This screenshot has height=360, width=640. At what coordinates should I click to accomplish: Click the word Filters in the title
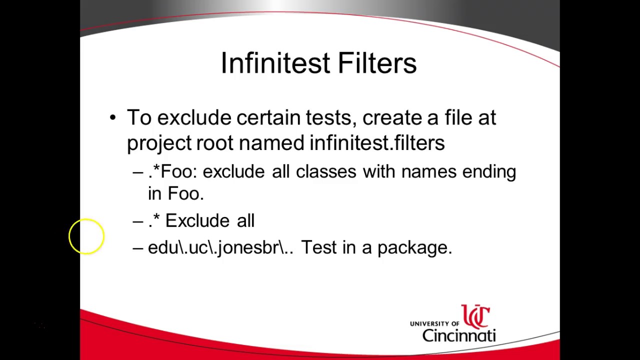[x=377, y=63]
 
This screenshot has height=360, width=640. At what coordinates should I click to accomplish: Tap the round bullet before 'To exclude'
[x=112, y=118]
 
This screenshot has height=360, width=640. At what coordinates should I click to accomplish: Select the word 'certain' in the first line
[x=268, y=118]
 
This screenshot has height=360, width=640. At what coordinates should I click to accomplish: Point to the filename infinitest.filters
[x=377, y=143]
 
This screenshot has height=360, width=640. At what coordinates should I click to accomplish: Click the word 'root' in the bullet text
[x=214, y=143]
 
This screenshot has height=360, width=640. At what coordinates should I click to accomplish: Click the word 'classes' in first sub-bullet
[x=325, y=171]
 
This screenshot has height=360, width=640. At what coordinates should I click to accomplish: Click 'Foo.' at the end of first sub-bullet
[x=185, y=194]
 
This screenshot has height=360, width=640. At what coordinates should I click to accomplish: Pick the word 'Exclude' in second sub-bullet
[x=197, y=220]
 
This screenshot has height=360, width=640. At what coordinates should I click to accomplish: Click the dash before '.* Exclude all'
[x=138, y=221]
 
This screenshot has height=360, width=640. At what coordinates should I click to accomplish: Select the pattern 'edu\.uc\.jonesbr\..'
[x=220, y=247]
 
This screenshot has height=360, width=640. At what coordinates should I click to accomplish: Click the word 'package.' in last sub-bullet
[x=414, y=248]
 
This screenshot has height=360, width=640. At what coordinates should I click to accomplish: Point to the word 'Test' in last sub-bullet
[x=318, y=247]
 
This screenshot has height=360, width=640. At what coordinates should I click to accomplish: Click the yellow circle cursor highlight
[x=86, y=236]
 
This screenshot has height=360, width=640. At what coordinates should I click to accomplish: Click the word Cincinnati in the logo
[x=458, y=335]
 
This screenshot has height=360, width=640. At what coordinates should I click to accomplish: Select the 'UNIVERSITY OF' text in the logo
[x=434, y=324]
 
